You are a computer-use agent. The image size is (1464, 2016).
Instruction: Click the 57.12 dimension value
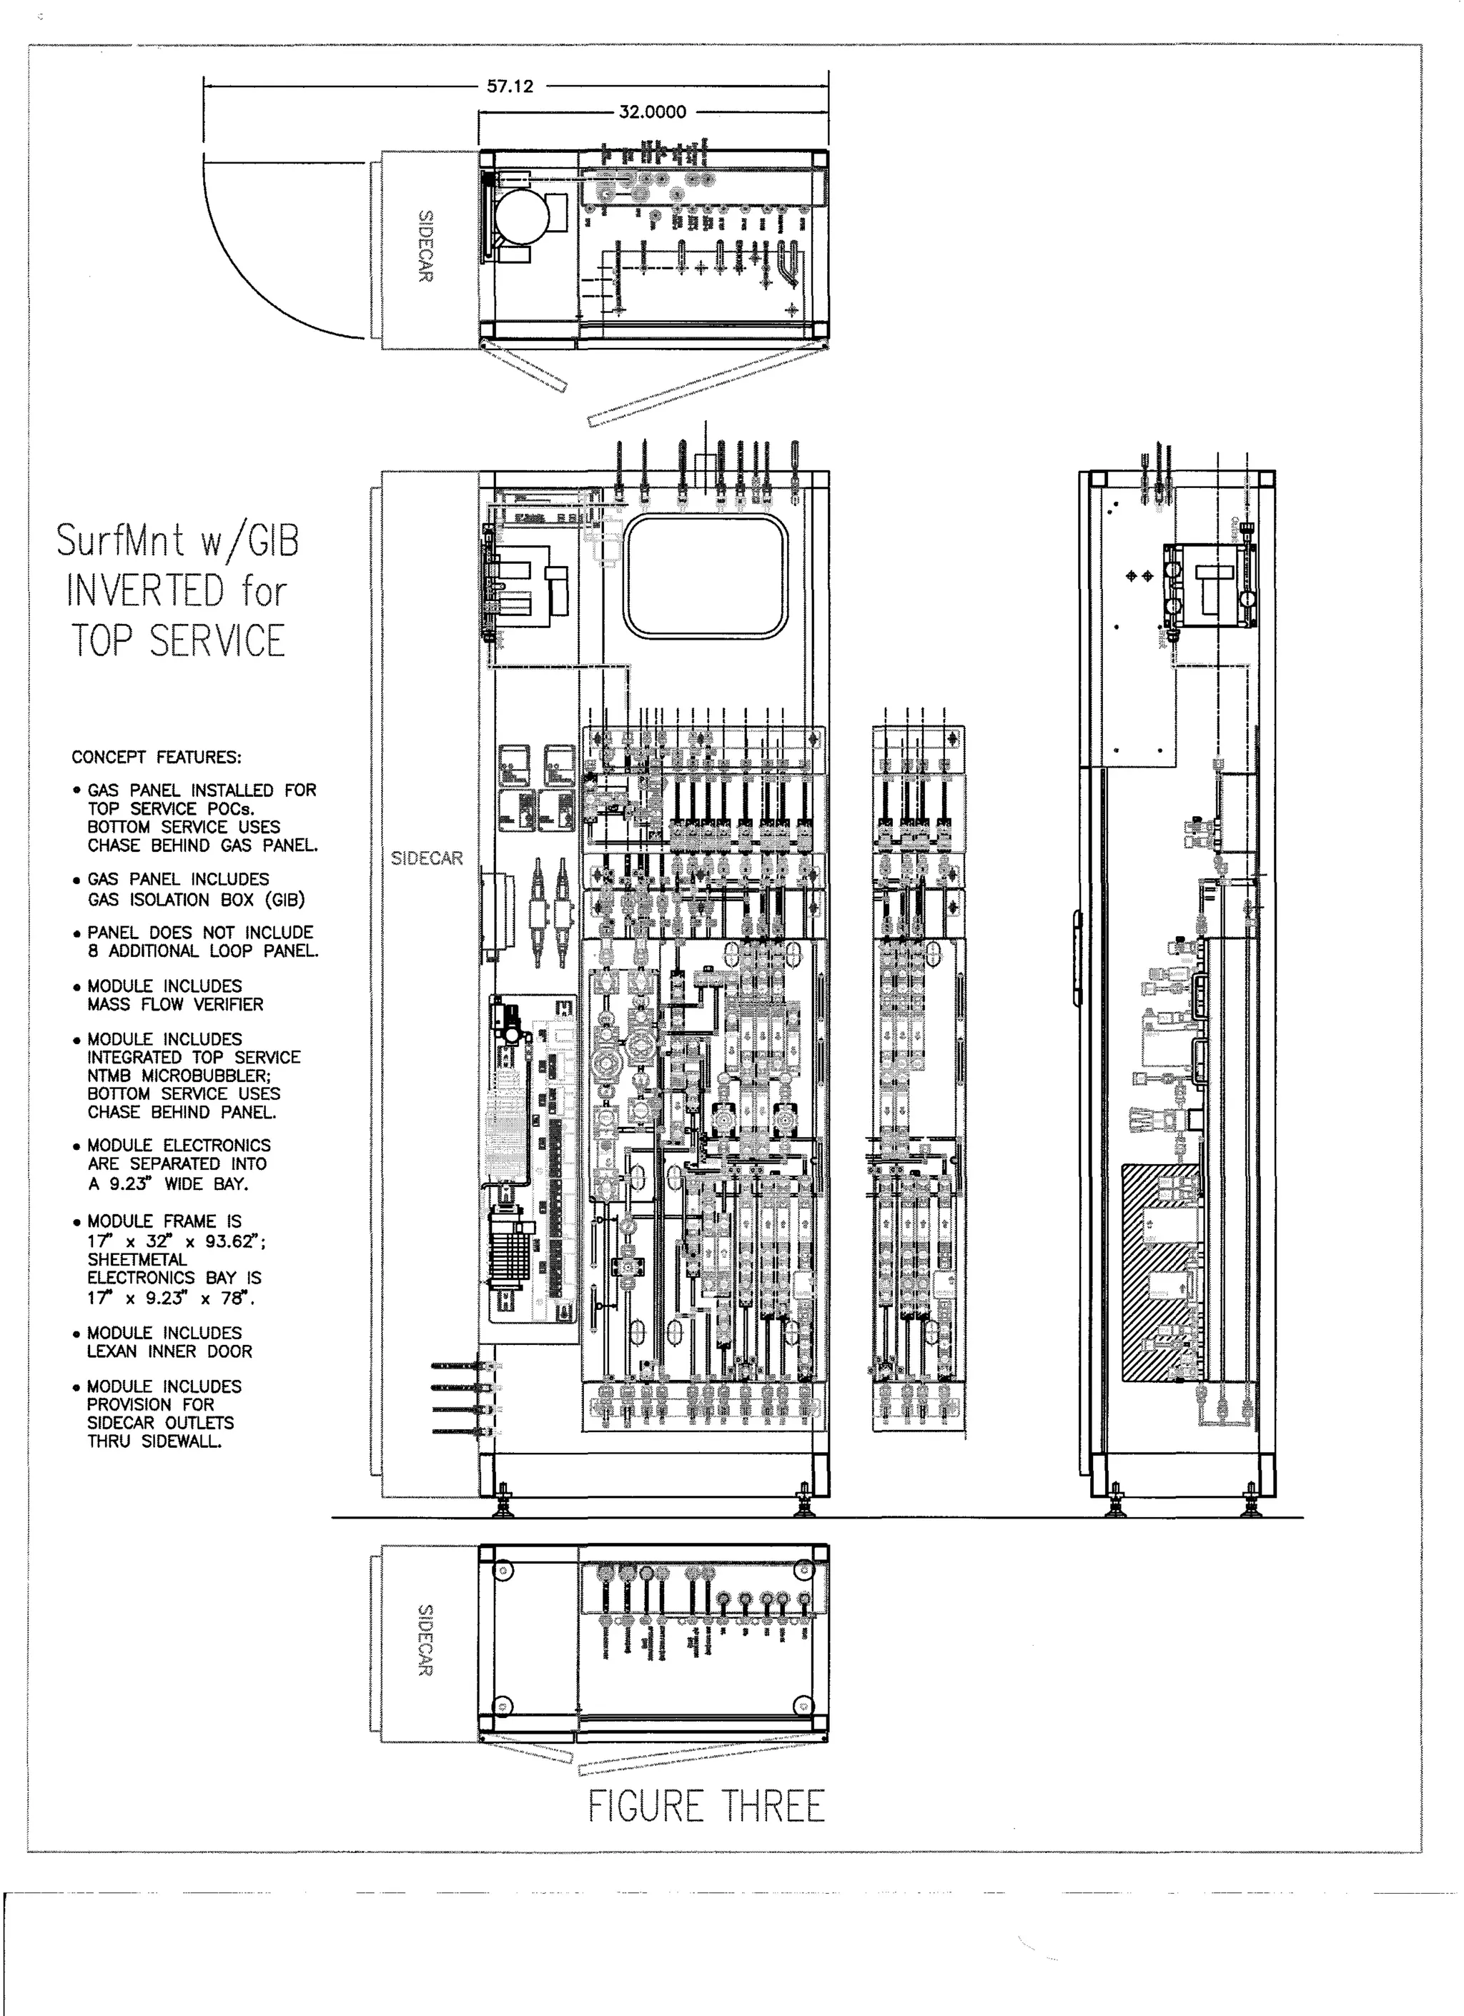pyautogui.click(x=510, y=86)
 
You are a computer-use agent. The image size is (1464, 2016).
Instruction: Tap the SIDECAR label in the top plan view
pyautogui.click(x=426, y=247)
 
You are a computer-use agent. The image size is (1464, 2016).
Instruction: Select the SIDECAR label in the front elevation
pyautogui.click(x=427, y=858)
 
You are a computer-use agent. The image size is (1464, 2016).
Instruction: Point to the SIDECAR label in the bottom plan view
pyautogui.click(x=426, y=1640)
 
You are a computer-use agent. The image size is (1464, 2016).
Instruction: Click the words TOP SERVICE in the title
pyautogui.click(x=178, y=641)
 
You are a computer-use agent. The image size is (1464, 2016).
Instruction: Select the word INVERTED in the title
pyautogui.click(x=145, y=591)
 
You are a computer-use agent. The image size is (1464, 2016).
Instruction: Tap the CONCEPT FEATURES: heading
pyautogui.click(x=157, y=758)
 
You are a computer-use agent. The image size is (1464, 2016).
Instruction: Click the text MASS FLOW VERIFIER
pyautogui.click(x=175, y=1005)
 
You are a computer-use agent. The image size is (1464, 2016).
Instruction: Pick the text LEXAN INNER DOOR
pyautogui.click(x=169, y=1351)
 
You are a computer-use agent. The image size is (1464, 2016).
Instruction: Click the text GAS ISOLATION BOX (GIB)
pyautogui.click(x=196, y=900)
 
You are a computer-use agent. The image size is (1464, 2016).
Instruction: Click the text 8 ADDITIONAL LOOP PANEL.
pyautogui.click(x=203, y=951)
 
